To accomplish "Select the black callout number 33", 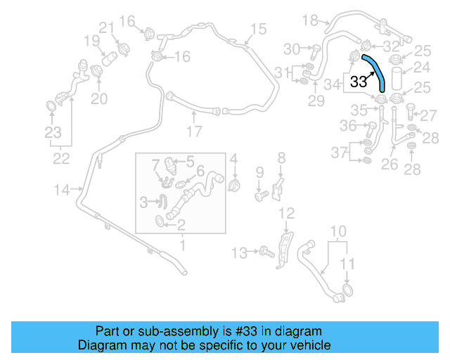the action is click(x=359, y=82).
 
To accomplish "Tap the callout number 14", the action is click(x=62, y=188).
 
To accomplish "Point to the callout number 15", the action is click(x=258, y=29).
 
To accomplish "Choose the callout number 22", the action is click(x=61, y=159).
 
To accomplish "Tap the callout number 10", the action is click(x=338, y=231).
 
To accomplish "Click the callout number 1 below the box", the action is click(x=182, y=245).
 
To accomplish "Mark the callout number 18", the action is click(x=310, y=20).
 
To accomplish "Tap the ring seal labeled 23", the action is click(x=51, y=106).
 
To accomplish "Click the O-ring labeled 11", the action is click(x=347, y=291).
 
